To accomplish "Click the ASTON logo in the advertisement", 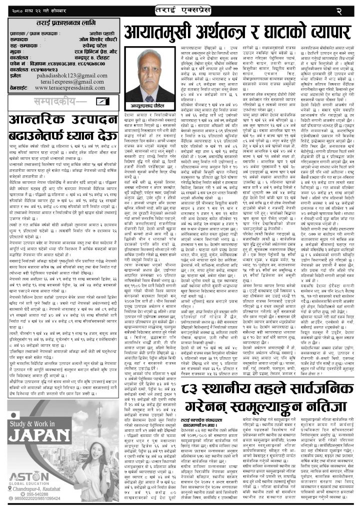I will [28, 475].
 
